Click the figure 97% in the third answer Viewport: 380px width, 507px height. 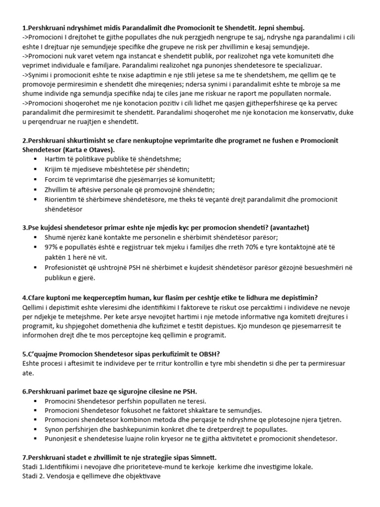coord(51,247)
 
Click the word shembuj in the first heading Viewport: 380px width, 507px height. coord(296,27)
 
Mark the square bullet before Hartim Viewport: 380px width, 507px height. coord(36,159)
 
